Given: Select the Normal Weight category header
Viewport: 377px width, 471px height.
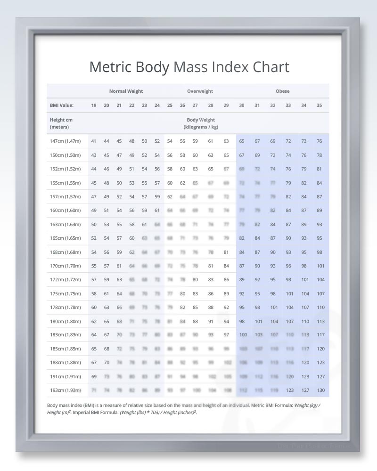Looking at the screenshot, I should click(x=126, y=91).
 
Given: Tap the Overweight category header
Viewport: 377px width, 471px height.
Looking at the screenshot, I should click(x=200, y=91).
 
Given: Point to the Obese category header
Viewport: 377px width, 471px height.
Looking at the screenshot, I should click(x=283, y=91).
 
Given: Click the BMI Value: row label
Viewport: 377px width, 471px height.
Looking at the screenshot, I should click(x=61, y=105).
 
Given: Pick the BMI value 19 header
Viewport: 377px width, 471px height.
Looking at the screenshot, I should click(x=94, y=105).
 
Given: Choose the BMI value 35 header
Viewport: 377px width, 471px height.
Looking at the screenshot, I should click(x=319, y=105).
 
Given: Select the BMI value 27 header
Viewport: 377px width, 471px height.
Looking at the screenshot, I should click(x=195, y=105).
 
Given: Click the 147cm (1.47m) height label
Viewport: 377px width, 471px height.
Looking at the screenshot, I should click(x=65, y=141).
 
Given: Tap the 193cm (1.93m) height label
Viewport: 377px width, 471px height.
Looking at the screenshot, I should click(x=65, y=390).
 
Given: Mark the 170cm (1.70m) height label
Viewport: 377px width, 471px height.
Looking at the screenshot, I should click(x=65, y=266).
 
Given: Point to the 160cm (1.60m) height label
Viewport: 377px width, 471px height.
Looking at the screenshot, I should click(x=65, y=211).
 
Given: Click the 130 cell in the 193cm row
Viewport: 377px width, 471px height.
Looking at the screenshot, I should click(x=320, y=390).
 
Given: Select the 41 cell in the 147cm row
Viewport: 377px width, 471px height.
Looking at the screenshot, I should click(x=94, y=141).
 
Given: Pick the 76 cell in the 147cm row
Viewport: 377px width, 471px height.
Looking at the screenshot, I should click(x=320, y=141).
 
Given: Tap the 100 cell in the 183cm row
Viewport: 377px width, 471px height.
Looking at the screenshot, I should click(x=243, y=335).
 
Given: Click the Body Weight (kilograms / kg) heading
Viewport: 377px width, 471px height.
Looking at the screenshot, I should click(x=201, y=123).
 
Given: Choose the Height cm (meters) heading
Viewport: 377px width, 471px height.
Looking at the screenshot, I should click(x=61, y=123).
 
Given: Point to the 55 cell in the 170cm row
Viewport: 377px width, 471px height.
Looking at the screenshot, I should click(x=94, y=266).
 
